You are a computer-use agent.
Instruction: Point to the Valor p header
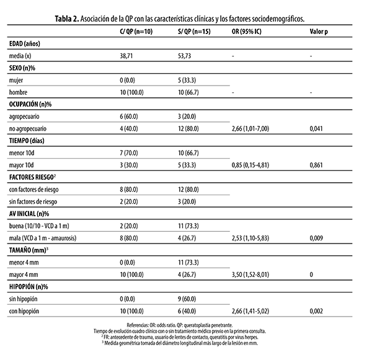click(x=319, y=30)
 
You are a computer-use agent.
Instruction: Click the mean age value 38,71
click(x=127, y=56)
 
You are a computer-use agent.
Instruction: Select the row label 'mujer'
click(x=17, y=81)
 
